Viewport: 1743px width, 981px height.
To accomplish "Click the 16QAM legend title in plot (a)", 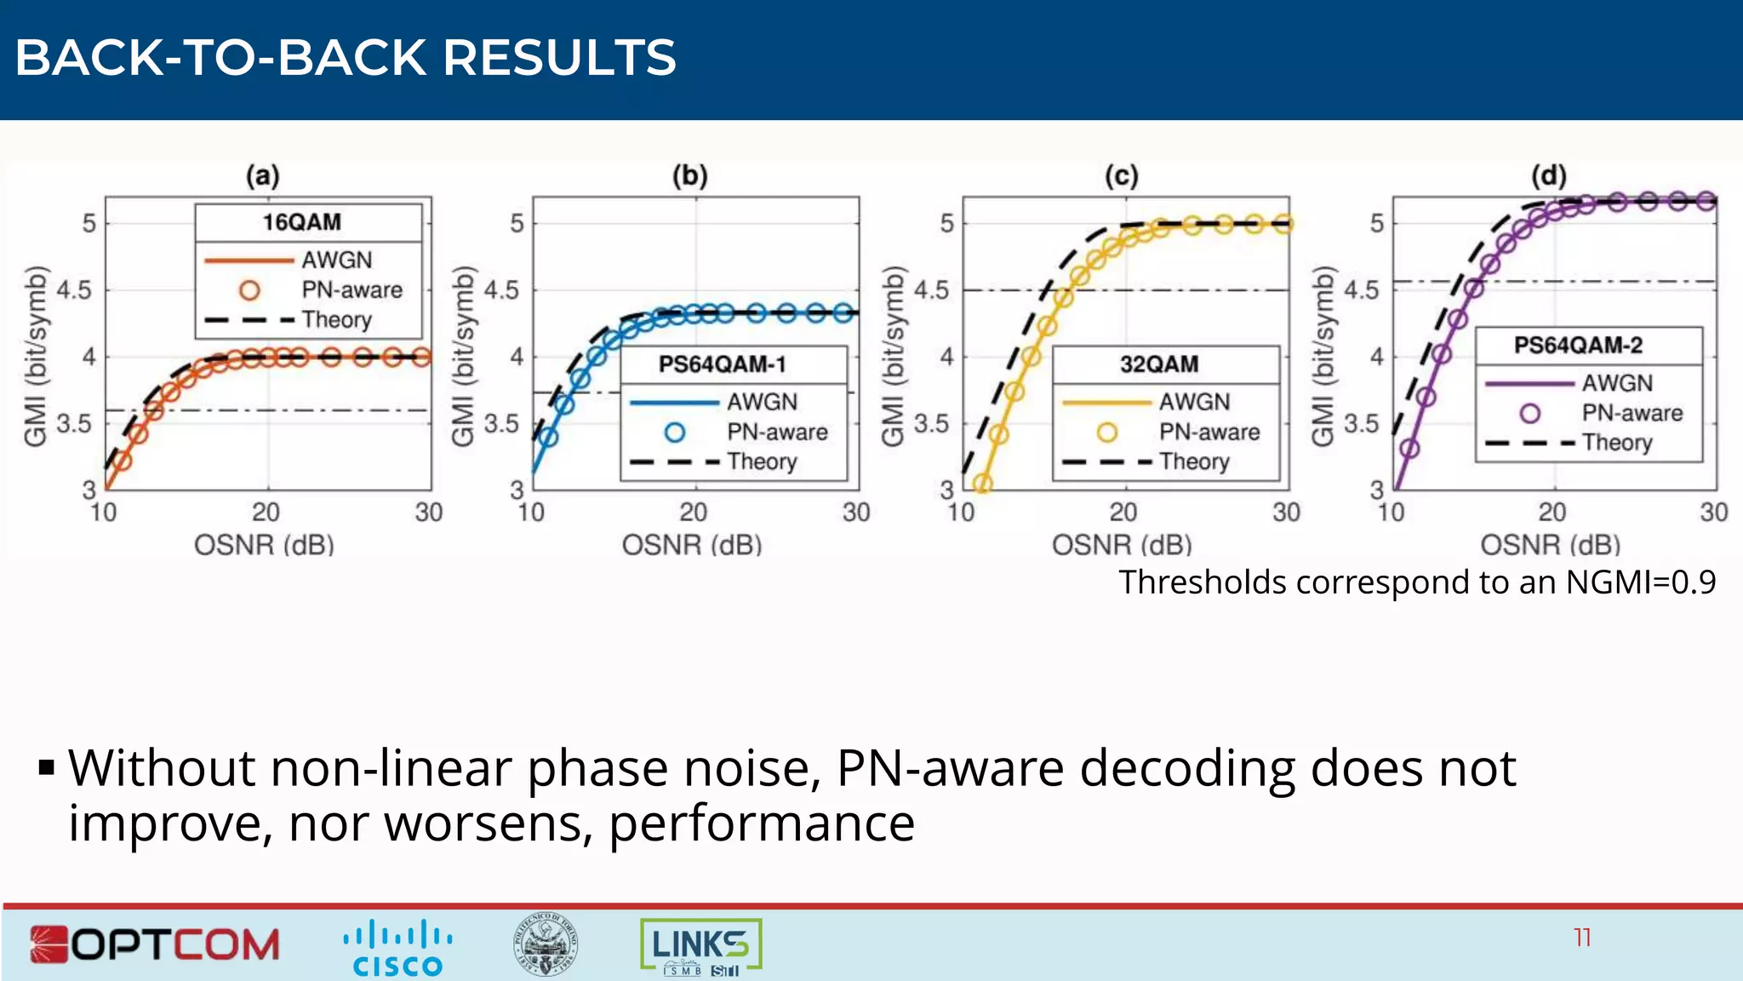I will point(302,222).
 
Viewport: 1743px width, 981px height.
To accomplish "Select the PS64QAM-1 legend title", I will point(722,364).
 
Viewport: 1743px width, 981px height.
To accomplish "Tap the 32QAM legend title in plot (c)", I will point(1159,364).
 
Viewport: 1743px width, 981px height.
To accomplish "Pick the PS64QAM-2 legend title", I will point(1578,345).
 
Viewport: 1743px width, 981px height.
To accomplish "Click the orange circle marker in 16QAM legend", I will point(249,290).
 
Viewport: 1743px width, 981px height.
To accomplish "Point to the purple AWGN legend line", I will point(1529,384).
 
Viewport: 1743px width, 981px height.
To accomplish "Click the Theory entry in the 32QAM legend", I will point(1193,462).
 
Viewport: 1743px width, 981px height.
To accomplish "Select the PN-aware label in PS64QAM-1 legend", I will point(777,432).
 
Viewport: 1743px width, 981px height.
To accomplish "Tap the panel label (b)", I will point(689,176).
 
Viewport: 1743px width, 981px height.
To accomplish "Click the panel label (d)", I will point(1548,176).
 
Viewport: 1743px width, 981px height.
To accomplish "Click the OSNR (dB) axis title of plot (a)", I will point(264,545).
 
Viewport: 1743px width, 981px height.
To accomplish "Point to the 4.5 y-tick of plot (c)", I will point(932,290).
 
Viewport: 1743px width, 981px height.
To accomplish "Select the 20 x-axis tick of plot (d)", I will point(1552,513).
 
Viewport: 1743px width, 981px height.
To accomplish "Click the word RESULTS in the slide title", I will point(559,58).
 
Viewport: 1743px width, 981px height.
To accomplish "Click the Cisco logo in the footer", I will point(397,947).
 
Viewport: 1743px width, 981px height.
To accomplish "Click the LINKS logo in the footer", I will point(700,946).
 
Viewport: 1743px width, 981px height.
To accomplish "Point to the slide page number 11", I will point(1582,938).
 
